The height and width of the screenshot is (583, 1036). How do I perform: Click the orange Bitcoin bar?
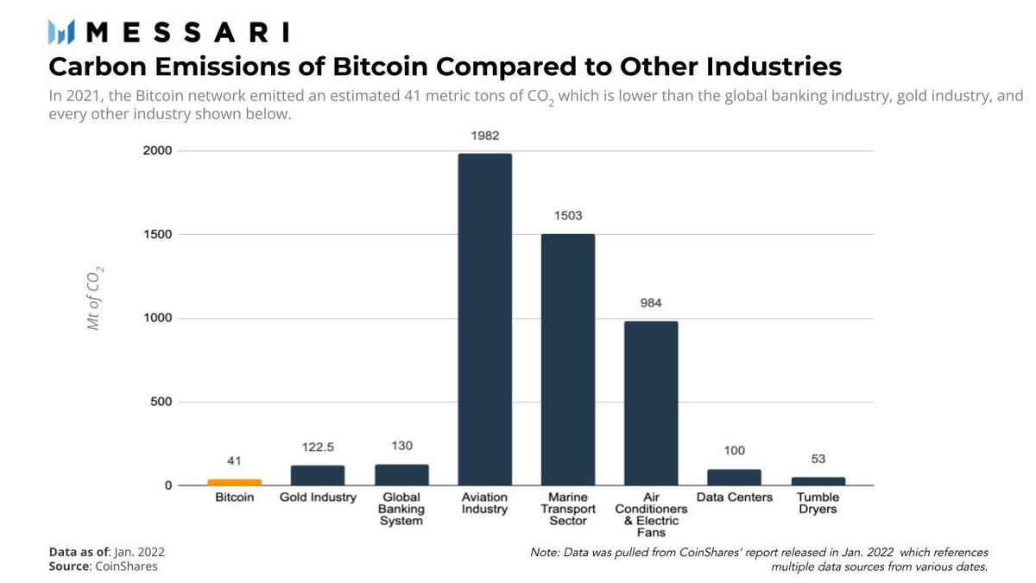[234, 482]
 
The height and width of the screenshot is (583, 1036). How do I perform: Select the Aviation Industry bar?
[484, 320]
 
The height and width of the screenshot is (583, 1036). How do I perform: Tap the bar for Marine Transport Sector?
[567, 359]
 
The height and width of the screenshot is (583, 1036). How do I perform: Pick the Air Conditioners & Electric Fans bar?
[651, 403]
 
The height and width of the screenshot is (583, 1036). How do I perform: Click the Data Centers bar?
[734, 477]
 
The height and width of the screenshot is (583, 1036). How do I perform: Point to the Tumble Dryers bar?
[818, 481]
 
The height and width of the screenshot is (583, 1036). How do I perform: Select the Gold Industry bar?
[318, 475]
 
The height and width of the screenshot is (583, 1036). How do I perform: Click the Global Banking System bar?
[401, 474]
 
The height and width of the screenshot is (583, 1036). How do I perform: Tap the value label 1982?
[484, 136]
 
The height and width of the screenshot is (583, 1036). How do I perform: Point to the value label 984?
[651, 304]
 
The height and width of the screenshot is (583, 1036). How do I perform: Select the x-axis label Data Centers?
[734, 498]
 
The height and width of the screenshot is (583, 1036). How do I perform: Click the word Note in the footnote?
[546, 552]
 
